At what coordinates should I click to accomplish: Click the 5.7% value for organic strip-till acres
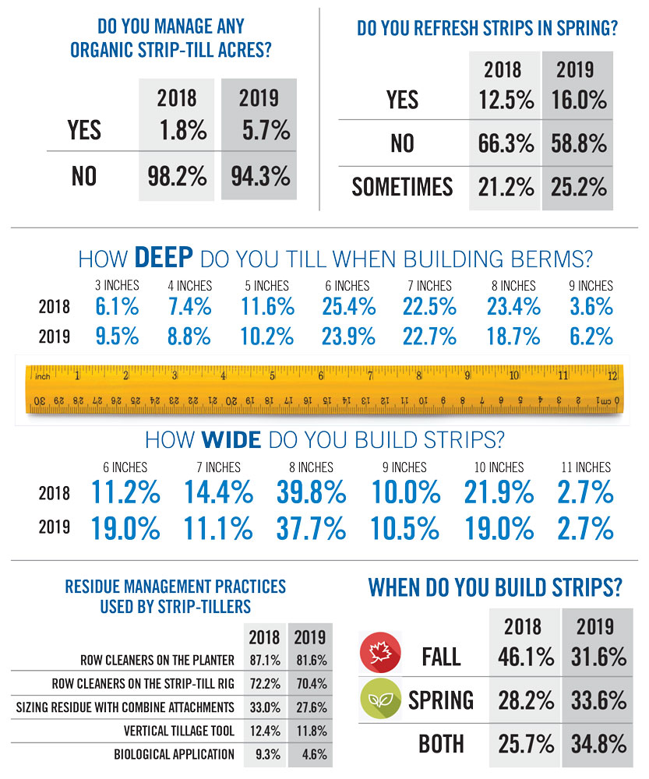259,130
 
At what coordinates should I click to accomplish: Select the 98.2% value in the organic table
177,175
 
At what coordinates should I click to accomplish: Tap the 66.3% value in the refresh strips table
506,143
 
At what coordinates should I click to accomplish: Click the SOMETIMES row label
402,186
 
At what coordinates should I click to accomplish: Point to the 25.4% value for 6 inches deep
348,307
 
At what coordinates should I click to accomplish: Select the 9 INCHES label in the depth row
591,286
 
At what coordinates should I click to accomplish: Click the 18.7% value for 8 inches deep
513,337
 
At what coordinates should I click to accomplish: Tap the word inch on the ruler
43,376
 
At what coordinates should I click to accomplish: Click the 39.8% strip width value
310,493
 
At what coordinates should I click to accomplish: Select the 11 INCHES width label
585,467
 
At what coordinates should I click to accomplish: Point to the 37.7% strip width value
310,529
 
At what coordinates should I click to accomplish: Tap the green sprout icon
379,700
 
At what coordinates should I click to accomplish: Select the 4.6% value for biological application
309,754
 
